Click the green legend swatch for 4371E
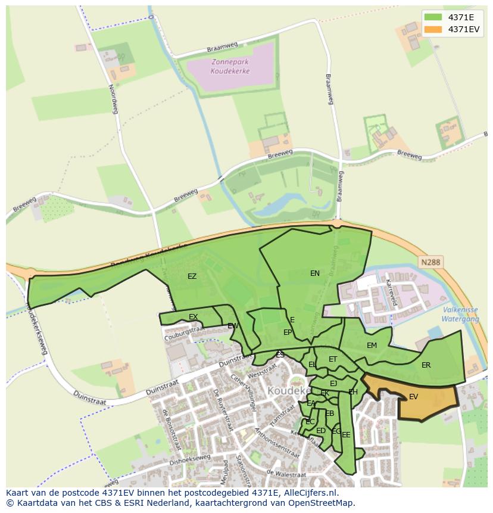click(433, 17)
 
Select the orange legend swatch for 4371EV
click(433, 29)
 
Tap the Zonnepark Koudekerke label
click(230, 66)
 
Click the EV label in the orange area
click(413, 397)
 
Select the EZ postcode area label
click(192, 276)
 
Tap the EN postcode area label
click(315, 273)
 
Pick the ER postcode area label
click(426, 365)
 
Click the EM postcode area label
click(372, 346)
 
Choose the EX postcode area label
click(193, 317)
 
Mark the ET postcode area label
click(333, 359)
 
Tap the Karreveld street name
click(391, 291)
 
